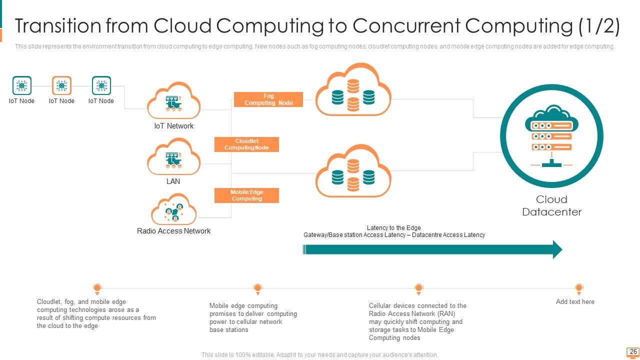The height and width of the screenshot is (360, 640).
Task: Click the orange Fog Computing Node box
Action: coord(268,99)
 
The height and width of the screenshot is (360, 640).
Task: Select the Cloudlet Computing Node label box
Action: coord(246,144)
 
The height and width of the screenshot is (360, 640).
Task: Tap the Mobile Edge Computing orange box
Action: coord(246,195)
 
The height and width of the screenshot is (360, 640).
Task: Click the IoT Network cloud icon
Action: coord(173,101)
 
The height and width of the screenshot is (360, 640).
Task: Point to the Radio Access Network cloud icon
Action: coord(173,210)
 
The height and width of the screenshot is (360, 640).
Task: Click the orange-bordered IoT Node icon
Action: coord(61,85)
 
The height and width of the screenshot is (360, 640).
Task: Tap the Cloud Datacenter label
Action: coord(551,205)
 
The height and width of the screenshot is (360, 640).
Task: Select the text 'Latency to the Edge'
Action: coord(393,228)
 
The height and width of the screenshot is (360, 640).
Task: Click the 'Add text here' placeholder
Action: coord(575,301)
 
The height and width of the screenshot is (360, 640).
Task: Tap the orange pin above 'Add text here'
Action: coord(578,288)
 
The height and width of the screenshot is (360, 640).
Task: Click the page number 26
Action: coord(633,352)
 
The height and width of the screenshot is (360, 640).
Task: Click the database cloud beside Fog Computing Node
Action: coord(353,90)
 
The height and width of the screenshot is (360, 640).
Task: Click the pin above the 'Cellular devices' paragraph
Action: coord(418,288)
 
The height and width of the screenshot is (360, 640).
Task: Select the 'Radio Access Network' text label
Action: coord(173,231)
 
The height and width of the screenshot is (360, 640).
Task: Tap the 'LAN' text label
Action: coord(173,181)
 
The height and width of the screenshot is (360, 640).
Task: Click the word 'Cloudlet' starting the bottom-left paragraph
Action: coord(48,302)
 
